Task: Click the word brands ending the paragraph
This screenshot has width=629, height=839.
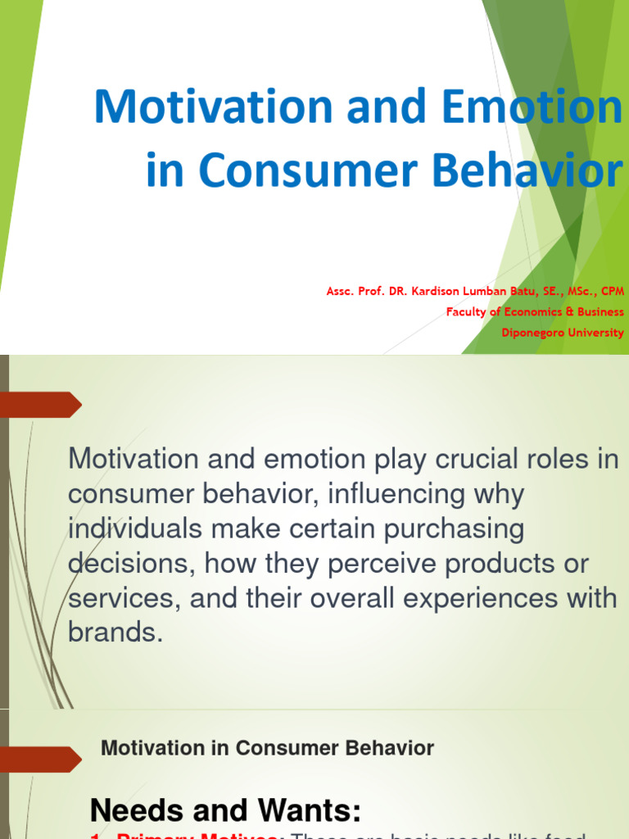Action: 115,633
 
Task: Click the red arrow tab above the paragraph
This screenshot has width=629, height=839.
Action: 41,405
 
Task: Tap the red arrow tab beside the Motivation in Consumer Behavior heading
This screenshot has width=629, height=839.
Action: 41,759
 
